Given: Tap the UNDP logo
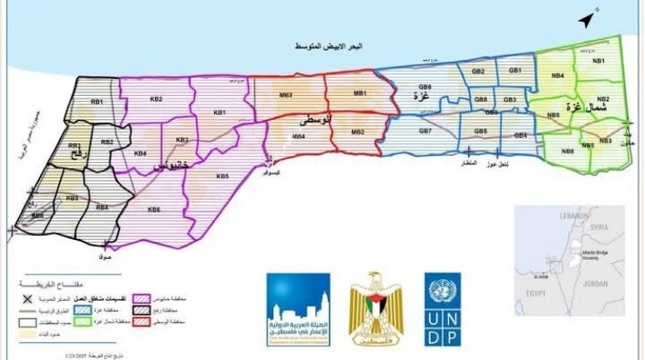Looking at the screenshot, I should pyautogui.click(x=442, y=304).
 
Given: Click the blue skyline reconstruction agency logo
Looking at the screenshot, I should pyautogui.click(x=298, y=304).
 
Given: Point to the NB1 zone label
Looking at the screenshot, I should pyautogui.click(x=599, y=62).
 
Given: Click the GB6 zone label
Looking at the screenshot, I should pyautogui.click(x=425, y=87).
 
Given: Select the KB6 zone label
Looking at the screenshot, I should pyautogui.click(x=154, y=210).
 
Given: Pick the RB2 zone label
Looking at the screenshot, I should pyautogui.click(x=107, y=142).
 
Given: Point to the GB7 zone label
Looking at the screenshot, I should pyautogui.click(x=425, y=131).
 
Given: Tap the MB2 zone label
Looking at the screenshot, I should pyautogui.click(x=358, y=132).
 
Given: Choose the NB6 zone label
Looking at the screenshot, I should pyautogui.click(x=567, y=152).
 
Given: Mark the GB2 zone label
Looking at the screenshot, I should pyautogui.click(x=478, y=71).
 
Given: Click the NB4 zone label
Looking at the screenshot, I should pyautogui.click(x=558, y=76).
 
